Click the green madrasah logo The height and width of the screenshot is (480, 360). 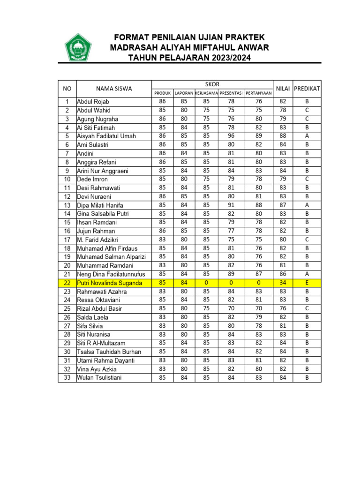pos(78,47)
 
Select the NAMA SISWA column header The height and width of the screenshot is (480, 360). pos(114,89)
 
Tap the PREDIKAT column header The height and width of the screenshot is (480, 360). pos(307,89)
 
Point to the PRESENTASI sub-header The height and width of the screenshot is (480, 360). pos(231,93)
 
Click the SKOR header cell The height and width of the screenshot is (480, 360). pos(212,83)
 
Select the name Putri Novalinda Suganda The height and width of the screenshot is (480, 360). pos(109,283)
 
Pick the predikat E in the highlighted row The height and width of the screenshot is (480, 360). pos(307,283)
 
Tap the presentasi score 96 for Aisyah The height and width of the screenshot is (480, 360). pos(231,136)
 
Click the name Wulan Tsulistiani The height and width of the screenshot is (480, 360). pos(99,378)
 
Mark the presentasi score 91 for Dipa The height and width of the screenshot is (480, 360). pos(231,205)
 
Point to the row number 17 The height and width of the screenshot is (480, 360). pos(67,240)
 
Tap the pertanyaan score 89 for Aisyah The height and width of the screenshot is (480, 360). pos(259,136)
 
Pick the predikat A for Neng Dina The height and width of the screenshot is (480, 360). pos(307,274)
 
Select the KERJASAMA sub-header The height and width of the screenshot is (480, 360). pos(206,93)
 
